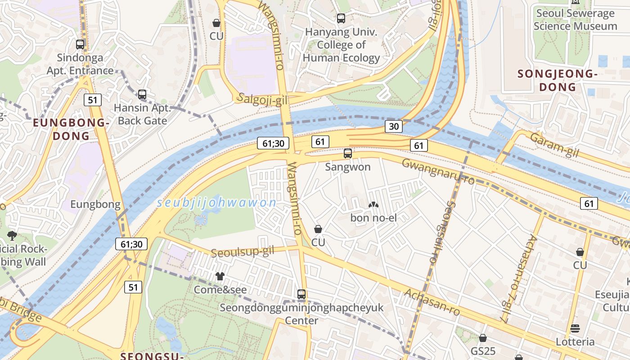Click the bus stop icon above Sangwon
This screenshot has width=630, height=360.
(347, 153)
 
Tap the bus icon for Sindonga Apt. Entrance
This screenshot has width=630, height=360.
(80, 45)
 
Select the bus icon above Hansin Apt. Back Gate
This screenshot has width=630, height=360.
(142, 94)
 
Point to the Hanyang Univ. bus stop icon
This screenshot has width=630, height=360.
(341, 18)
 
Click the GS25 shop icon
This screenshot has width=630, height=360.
(483, 337)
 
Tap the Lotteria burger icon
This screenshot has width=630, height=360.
(575, 328)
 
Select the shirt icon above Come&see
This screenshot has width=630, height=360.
(220, 276)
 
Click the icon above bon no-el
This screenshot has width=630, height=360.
(373, 205)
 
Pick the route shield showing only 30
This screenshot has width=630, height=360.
(393, 126)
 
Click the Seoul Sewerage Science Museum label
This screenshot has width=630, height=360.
(575, 20)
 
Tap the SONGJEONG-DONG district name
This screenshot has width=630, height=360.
(558, 80)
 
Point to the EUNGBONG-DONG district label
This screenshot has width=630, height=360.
(71, 129)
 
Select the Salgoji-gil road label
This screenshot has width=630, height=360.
(262, 99)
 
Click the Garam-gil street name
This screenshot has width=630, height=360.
(553, 145)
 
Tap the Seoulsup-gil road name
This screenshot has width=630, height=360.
(242, 252)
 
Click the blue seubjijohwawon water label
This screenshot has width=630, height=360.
(216, 203)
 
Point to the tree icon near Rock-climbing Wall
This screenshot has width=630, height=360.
(12, 235)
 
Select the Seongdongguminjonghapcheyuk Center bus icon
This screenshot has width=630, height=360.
(301, 295)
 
